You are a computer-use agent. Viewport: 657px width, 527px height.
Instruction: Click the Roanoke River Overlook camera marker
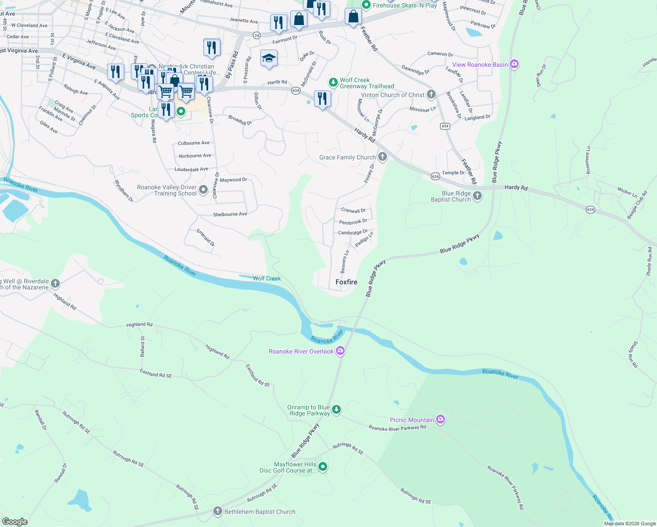tap(340, 351)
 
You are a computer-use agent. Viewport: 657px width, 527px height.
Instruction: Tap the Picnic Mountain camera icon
tap(440, 419)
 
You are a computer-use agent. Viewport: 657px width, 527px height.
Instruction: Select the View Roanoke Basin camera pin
tap(514, 64)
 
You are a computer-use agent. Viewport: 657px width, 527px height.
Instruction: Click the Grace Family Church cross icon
tap(383, 157)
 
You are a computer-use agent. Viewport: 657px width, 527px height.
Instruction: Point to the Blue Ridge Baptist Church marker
tap(477, 196)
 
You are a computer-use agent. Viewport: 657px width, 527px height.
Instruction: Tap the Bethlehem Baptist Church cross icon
tap(218, 511)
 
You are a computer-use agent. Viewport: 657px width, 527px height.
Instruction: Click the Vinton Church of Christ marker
tap(431, 94)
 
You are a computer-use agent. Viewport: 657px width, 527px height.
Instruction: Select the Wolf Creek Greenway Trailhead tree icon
tap(333, 82)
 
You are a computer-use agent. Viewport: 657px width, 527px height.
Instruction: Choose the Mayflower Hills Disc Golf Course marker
tap(323, 466)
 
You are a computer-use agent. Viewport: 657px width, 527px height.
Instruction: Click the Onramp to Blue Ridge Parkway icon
tap(336, 410)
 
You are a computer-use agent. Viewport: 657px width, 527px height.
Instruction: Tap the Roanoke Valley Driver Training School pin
tap(203, 190)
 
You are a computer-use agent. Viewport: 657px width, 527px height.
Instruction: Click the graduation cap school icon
tap(269, 58)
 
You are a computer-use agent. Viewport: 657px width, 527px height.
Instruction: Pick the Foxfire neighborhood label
tap(347, 282)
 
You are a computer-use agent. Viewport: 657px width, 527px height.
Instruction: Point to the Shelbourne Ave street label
tap(230, 214)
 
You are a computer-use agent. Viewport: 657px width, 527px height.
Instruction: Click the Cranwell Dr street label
tap(354, 210)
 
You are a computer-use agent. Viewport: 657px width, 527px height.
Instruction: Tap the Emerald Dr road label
tap(206, 237)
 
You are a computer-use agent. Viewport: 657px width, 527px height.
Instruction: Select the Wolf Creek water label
tap(267, 278)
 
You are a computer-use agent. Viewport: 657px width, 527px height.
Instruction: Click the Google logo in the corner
tap(15, 521)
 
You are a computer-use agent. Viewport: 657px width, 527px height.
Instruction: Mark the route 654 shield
tap(445, 126)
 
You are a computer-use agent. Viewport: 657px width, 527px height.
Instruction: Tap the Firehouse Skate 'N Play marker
tap(366, 5)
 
